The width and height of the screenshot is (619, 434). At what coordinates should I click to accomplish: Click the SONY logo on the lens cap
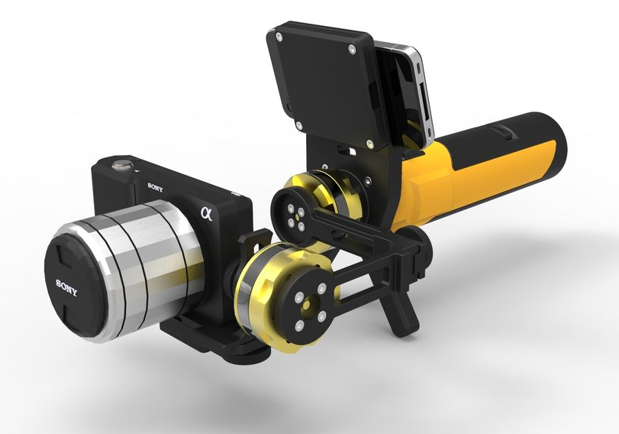(x=67, y=284)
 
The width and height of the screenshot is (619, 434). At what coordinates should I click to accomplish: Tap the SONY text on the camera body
(x=156, y=186)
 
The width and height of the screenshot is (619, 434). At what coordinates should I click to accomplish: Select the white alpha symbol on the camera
(x=205, y=212)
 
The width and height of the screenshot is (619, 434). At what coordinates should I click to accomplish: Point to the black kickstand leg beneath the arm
(x=401, y=309)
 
